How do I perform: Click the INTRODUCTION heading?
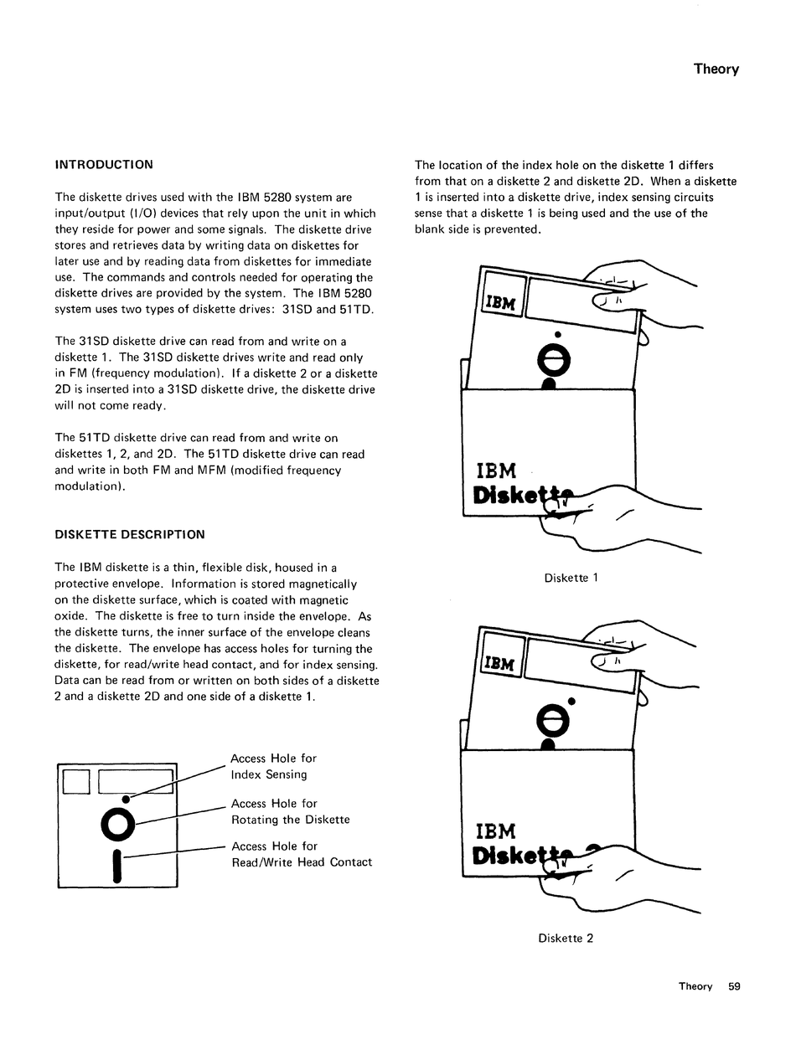(x=104, y=165)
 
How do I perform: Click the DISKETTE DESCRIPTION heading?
(x=129, y=534)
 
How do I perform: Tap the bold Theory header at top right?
(x=716, y=69)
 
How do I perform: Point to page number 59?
(x=734, y=986)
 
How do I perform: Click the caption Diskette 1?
(x=571, y=578)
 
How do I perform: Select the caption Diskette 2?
(x=566, y=939)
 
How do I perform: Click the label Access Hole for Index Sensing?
(x=273, y=766)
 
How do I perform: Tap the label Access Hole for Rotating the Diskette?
(x=290, y=811)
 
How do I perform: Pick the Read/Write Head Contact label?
(x=301, y=862)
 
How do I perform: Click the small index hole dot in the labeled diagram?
(x=126, y=799)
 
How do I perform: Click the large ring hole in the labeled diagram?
(x=117, y=825)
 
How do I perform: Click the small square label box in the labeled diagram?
(x=76, y=780)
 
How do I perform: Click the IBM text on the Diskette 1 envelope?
(x=496, y=470)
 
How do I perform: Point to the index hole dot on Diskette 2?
(x=571, y=701)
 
